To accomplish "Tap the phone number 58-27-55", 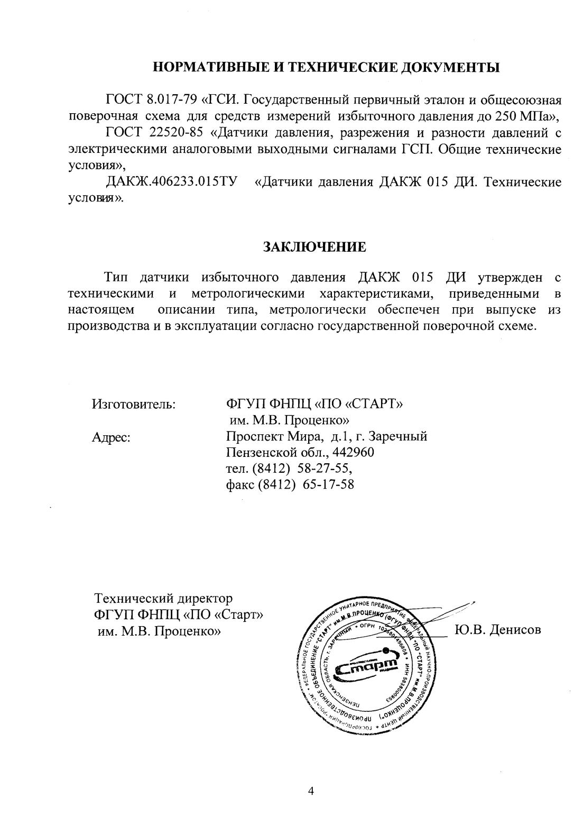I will (x=323, y=469).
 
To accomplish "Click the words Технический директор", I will (x=163, y=599).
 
